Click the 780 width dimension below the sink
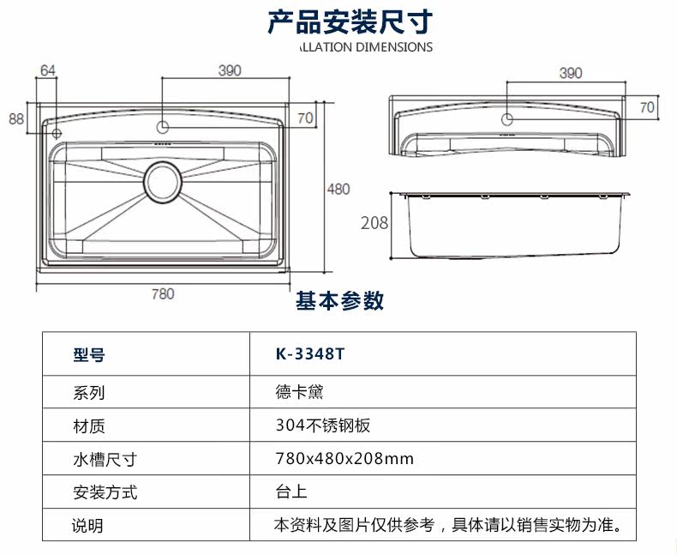tap(163, 294)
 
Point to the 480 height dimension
tap(338, 189)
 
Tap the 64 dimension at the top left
tap(48, 70)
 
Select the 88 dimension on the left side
tap(16, 118)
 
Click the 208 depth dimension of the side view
tap(374, 223)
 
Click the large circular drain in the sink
tap(163, 182)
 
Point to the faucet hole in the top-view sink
tap(163, 127)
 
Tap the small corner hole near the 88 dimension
tap(57, 133)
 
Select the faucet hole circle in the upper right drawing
tap(506, 119)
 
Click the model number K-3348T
tap(310, 354)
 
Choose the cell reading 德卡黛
tap(299, 392)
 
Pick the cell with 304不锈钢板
tap(323, 425)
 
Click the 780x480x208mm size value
tap(344, 459)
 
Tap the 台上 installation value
tap(291, 492)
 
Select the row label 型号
tap(89, 355)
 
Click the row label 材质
tap(89, 426)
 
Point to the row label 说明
tap(87, 526)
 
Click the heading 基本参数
tap(340, 300)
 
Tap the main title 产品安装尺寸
tap(350, 21)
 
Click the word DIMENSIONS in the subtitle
tap(393, 47)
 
